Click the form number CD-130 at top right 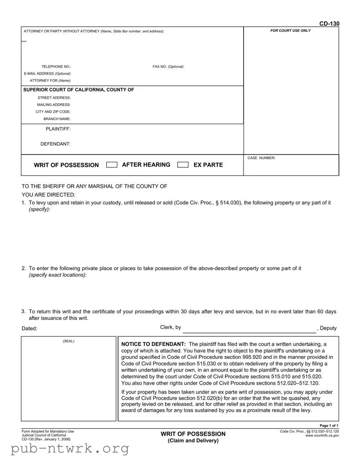pos(329,24)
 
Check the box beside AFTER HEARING pos(112,165)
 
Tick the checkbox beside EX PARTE pos(183,165)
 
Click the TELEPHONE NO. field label pos(56,67)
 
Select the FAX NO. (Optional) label pos(168,67)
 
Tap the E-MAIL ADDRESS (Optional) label pos(48,73)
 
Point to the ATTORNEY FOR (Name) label pos(50,80)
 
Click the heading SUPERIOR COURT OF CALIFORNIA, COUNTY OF pos(79,90)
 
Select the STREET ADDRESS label pos(54,97)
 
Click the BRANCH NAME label pos(57,119)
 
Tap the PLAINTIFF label pos(58,129)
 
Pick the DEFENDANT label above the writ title pos(56,144)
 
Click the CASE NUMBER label pos(261,158)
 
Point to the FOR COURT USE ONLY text pos(291,31)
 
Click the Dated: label pos(30,329)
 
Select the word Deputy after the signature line pos(328,328)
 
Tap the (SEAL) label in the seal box pos(68,341)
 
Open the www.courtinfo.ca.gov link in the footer pos(322,436)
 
